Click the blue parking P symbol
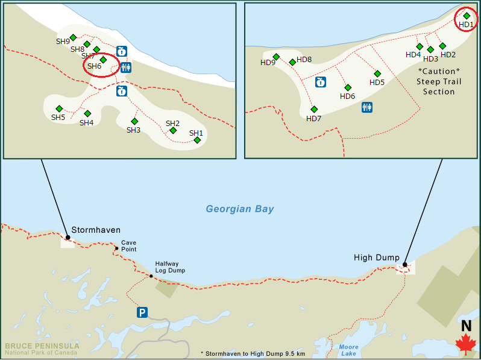142,312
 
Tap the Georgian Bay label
239,209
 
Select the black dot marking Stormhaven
68,237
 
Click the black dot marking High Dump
404,264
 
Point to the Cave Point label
128,246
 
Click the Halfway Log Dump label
169,267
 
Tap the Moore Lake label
348,350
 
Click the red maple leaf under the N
465,344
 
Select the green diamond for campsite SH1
197,140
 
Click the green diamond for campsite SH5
59,109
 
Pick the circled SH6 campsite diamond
103,60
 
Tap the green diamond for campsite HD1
467,16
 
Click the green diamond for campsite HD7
314,109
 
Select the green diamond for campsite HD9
276,57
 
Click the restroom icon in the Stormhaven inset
125,67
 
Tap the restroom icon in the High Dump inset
366,107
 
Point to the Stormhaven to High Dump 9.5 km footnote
253,353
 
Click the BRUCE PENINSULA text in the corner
42,346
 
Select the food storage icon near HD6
321,81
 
